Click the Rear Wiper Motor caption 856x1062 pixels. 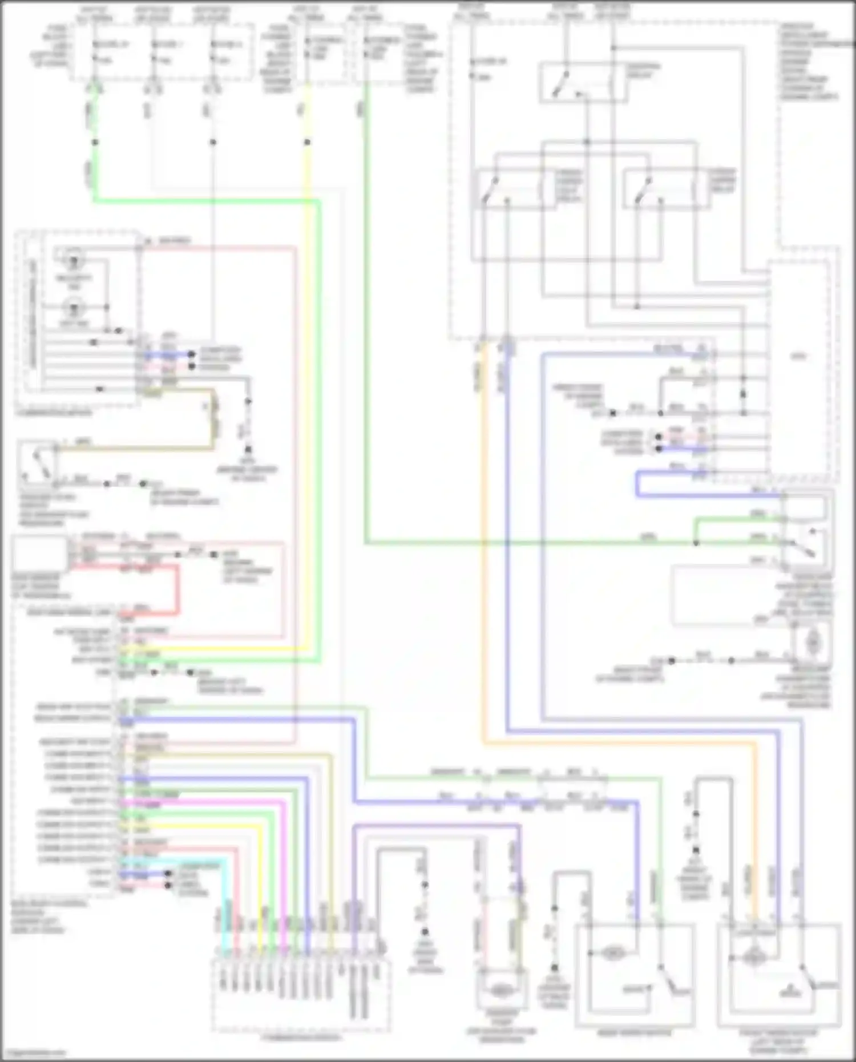point(634,1032)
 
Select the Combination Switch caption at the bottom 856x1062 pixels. point(301,1037)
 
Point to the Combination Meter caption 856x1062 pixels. point(54,413)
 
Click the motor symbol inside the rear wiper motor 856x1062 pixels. point(612,952)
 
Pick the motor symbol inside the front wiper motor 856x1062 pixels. point(754,957)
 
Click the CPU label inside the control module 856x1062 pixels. point(798,357)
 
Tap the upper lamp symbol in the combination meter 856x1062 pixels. point(74,262)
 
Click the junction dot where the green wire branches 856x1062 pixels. point(696,542)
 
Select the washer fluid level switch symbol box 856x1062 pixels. point(37,460)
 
